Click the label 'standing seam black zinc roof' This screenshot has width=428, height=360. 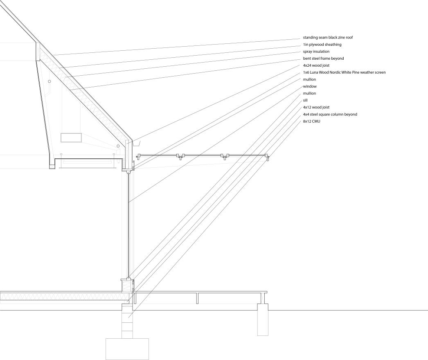click(x=328, y=38)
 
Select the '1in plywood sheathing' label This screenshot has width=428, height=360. click(x=322, y=45)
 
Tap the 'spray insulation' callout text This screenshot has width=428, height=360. click(x=316, y=52)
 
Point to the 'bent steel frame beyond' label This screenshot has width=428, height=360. click(x=323, y=59)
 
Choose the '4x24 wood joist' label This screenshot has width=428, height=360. click(x=316, y=65)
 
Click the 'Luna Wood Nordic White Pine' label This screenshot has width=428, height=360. click(x=344, y=72)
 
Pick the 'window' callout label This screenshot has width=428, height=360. click(x=310, y=86)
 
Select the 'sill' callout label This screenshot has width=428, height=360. click(x=305, y=100)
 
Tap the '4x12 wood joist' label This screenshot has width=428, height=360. click(x=316, y=107)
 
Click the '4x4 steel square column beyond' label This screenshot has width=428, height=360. click(x=330, y=114)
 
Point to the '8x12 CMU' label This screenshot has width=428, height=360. click(x=312, y=121)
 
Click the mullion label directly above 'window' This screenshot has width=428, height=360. click(x=309, y=79)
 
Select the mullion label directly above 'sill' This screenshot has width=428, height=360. click(x=309, y=93)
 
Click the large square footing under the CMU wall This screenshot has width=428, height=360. click(x=127, y=349)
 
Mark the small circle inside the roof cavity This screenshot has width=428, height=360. click(x=50, y=82)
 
